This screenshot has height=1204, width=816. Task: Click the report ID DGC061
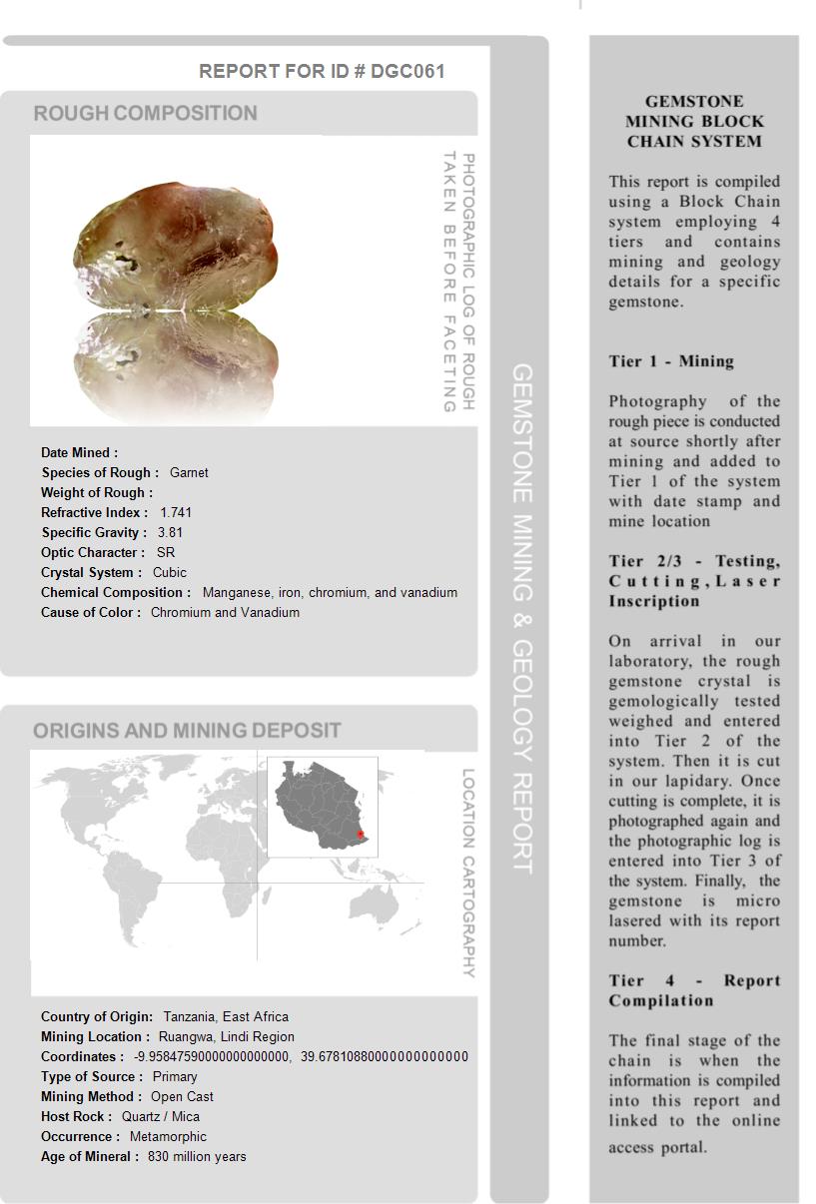[x=408, y=71]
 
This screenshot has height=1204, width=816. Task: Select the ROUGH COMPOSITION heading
[x=146, y=114]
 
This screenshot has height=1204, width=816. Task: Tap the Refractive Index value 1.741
[x=176, y=512]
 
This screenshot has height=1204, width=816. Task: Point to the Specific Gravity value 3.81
[x=170, y=532]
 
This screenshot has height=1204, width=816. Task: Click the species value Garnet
[x=189, y=472]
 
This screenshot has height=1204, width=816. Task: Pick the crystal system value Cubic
[x=170, y=572]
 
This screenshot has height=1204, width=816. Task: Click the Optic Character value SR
[x=166, y=552]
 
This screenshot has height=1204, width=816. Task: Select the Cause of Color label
[x=91, y=612]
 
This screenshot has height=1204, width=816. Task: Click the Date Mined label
[x=79, y=452]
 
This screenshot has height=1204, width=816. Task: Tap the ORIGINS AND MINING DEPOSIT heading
[x=187, y=731]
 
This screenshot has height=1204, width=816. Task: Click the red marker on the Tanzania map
[x=361, y=833]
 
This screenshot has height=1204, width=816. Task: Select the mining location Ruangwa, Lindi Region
[x=227, y=1036]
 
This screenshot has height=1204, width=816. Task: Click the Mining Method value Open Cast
[x=182, y=1096]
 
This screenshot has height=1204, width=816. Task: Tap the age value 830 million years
[x=197, y=1156]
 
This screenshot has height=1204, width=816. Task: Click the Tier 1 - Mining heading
[x=671, y=361]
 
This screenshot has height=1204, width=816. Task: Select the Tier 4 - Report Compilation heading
[x=694, y=990]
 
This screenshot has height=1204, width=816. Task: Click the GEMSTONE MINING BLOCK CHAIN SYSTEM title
[x=694, y=121]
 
